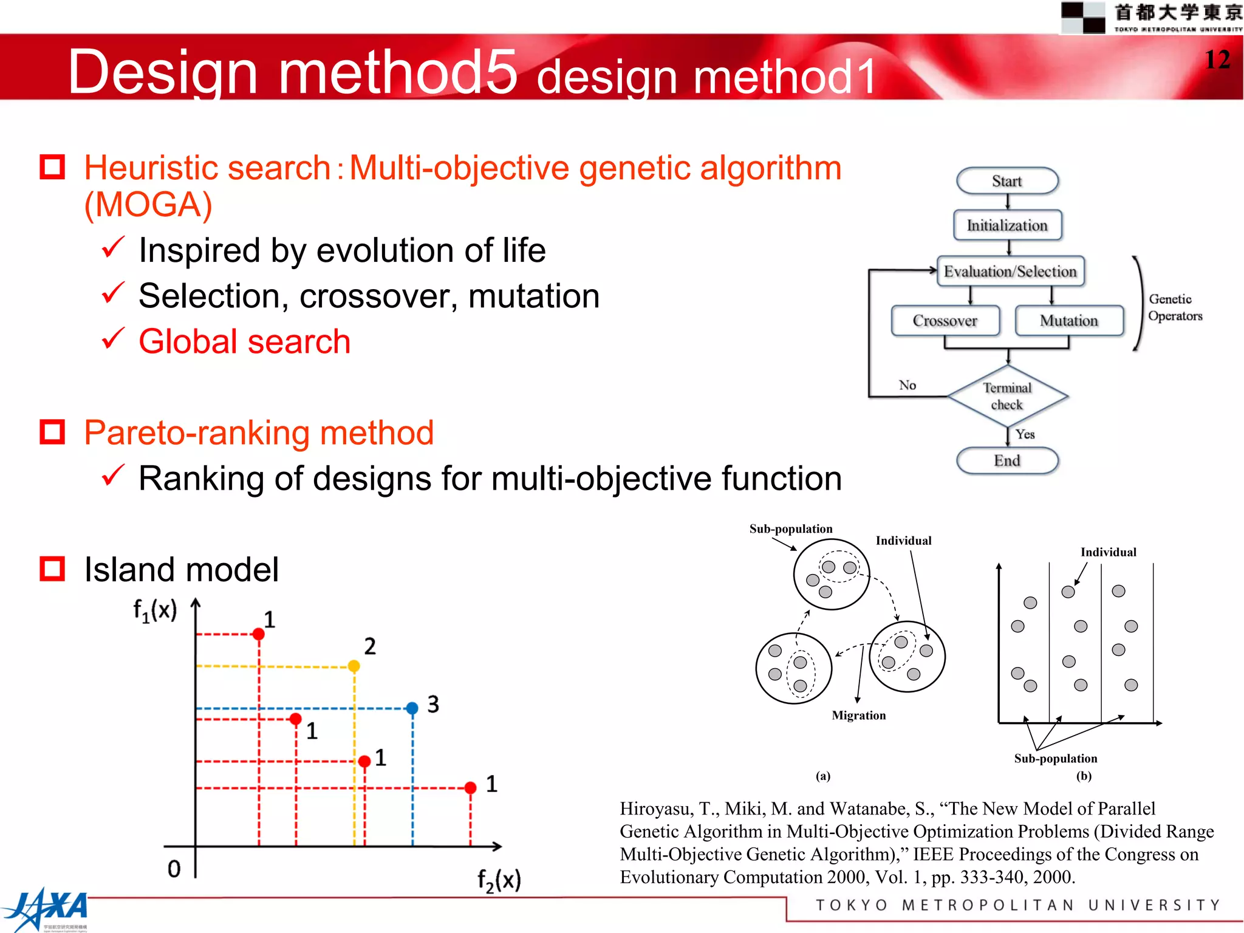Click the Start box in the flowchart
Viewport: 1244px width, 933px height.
coord(1006,181)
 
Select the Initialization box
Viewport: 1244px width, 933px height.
coord(1007,225)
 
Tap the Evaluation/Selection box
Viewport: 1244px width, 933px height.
coord(1010,272)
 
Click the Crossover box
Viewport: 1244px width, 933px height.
coord(945,321)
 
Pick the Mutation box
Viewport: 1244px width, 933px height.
coord(1069,321)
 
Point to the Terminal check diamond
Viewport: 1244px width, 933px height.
coord(1007,396)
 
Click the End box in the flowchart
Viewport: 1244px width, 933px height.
coord(1006,460)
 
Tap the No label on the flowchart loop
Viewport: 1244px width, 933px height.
coord(907,385)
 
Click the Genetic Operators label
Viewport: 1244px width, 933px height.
coord(1174,307)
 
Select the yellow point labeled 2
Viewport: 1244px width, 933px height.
coord(354,666)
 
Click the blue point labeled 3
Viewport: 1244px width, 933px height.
coord(412,708)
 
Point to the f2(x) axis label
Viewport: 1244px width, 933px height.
coord(499,880)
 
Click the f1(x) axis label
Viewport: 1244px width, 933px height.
coord(155,610)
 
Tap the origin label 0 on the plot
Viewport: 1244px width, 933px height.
coord(174,869)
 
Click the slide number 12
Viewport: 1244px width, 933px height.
coord(1217,60)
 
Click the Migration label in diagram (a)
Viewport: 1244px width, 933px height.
coord(858,716)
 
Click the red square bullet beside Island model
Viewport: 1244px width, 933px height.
coord(52,569)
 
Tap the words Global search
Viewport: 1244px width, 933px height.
coord(244,341)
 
